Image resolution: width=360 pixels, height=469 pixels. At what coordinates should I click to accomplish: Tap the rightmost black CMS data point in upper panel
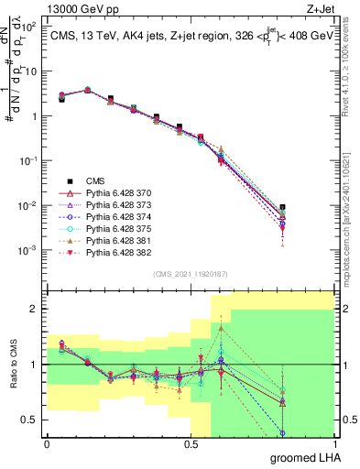[x=308, y=208]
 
